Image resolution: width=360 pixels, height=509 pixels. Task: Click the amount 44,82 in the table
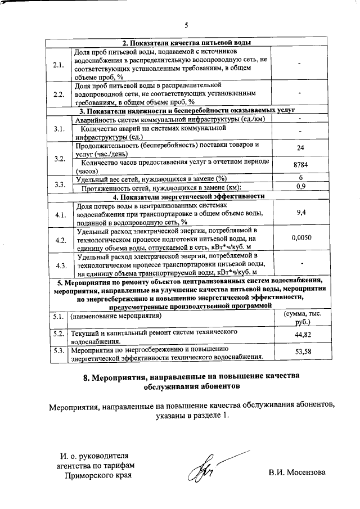point(303,336)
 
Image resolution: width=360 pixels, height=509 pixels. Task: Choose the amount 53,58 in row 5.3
point(303,353)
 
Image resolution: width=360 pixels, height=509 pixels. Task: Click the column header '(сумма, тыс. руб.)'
point(303,320)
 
